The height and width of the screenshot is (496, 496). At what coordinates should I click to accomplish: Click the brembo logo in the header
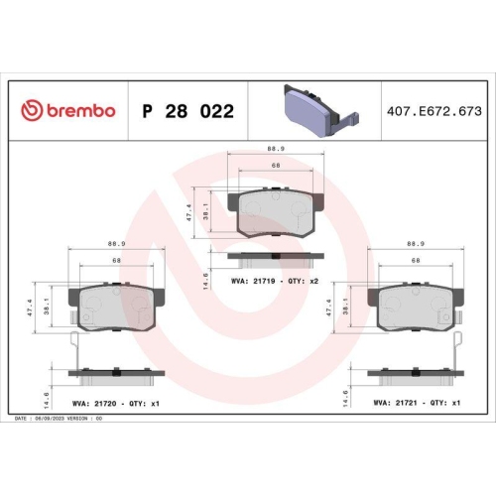(x=69, y=110)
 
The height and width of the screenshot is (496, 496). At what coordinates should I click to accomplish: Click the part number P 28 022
(x=188, y=110)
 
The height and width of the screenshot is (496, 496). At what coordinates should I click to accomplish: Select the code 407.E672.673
(x=434, y=110)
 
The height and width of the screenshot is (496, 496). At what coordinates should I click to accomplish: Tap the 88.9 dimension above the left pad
(x=117, y=243)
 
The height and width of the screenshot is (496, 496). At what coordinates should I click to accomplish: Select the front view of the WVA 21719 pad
(x=270, y=210)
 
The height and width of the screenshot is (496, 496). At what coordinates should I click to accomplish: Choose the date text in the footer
(x=60, y=419)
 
